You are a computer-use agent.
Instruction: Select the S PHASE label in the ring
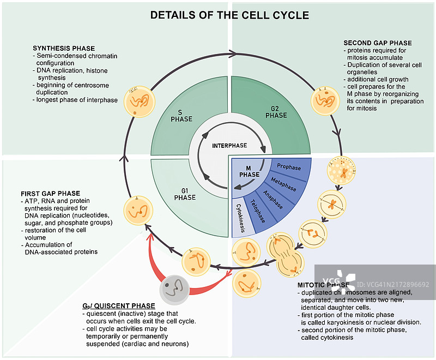click(181, 116)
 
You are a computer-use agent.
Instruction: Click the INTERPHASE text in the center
click(229, 146)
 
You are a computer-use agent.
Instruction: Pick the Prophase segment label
click(289, 167)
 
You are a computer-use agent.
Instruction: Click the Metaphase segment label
click(282, 183)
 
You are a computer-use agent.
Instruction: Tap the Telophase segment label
click(258, 212)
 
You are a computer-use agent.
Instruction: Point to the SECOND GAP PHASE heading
click(378, 43)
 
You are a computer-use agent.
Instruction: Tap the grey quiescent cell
click(174, 287)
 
